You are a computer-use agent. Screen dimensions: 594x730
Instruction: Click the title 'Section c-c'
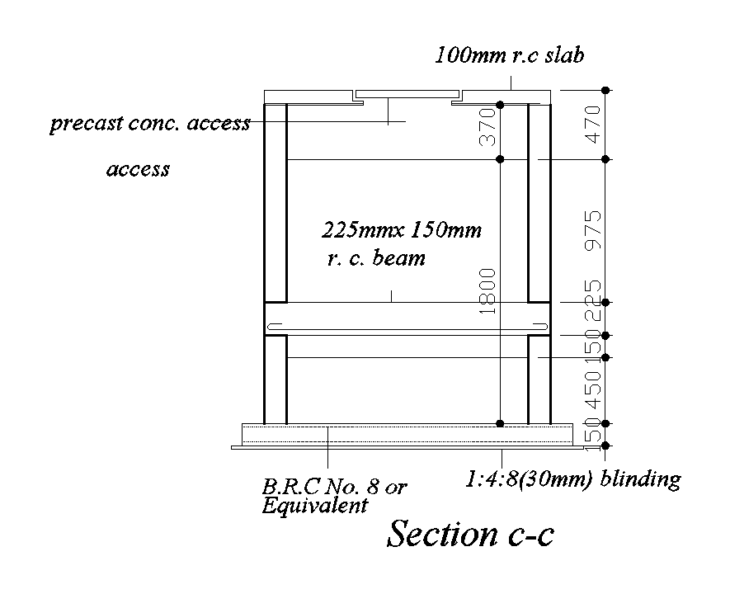pos(470,535)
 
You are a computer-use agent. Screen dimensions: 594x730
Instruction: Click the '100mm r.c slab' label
pos(510,55)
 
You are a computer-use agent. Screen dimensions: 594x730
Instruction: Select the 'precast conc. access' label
pos(149,124)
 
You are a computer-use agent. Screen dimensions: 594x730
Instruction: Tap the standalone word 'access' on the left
pos(138,169)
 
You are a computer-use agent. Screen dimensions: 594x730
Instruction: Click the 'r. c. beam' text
pos(376,257)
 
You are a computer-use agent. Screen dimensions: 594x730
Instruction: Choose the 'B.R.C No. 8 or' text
pos(334,487)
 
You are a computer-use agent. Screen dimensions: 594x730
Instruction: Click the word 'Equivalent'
pos(314,505)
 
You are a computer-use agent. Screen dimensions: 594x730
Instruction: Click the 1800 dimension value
pos(487,290)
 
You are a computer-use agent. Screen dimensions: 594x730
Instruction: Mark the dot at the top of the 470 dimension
pos(605,89)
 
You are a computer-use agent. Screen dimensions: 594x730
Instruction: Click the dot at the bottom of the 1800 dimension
pos(500,423)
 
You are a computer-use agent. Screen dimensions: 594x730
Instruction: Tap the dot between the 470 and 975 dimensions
pos(605,158)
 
